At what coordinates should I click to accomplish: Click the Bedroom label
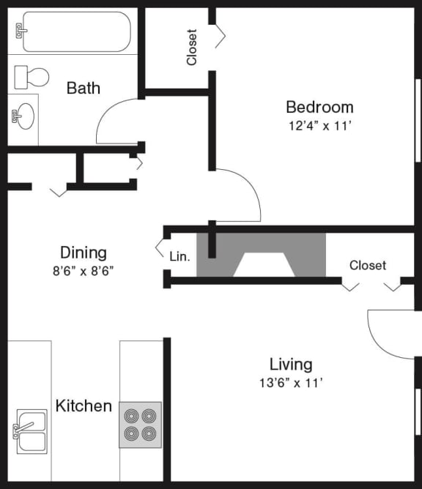[319, 107]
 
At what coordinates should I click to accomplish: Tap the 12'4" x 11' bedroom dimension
[319, 125]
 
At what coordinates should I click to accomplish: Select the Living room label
[291, 364]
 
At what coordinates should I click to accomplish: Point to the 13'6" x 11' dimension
[291, 382]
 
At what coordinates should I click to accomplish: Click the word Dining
[83, 253]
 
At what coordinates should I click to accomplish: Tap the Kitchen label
[84, 406]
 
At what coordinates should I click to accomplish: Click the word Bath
[84, 88]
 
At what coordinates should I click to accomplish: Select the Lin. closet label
[179, 256]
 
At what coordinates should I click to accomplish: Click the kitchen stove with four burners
[140, 424]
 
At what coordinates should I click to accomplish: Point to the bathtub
[76, 31]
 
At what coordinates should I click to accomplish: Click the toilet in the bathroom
[32, 76]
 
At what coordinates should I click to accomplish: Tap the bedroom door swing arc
[242, 192]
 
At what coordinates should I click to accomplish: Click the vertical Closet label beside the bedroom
[192, 47]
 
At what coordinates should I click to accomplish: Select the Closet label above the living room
[368, 265]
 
